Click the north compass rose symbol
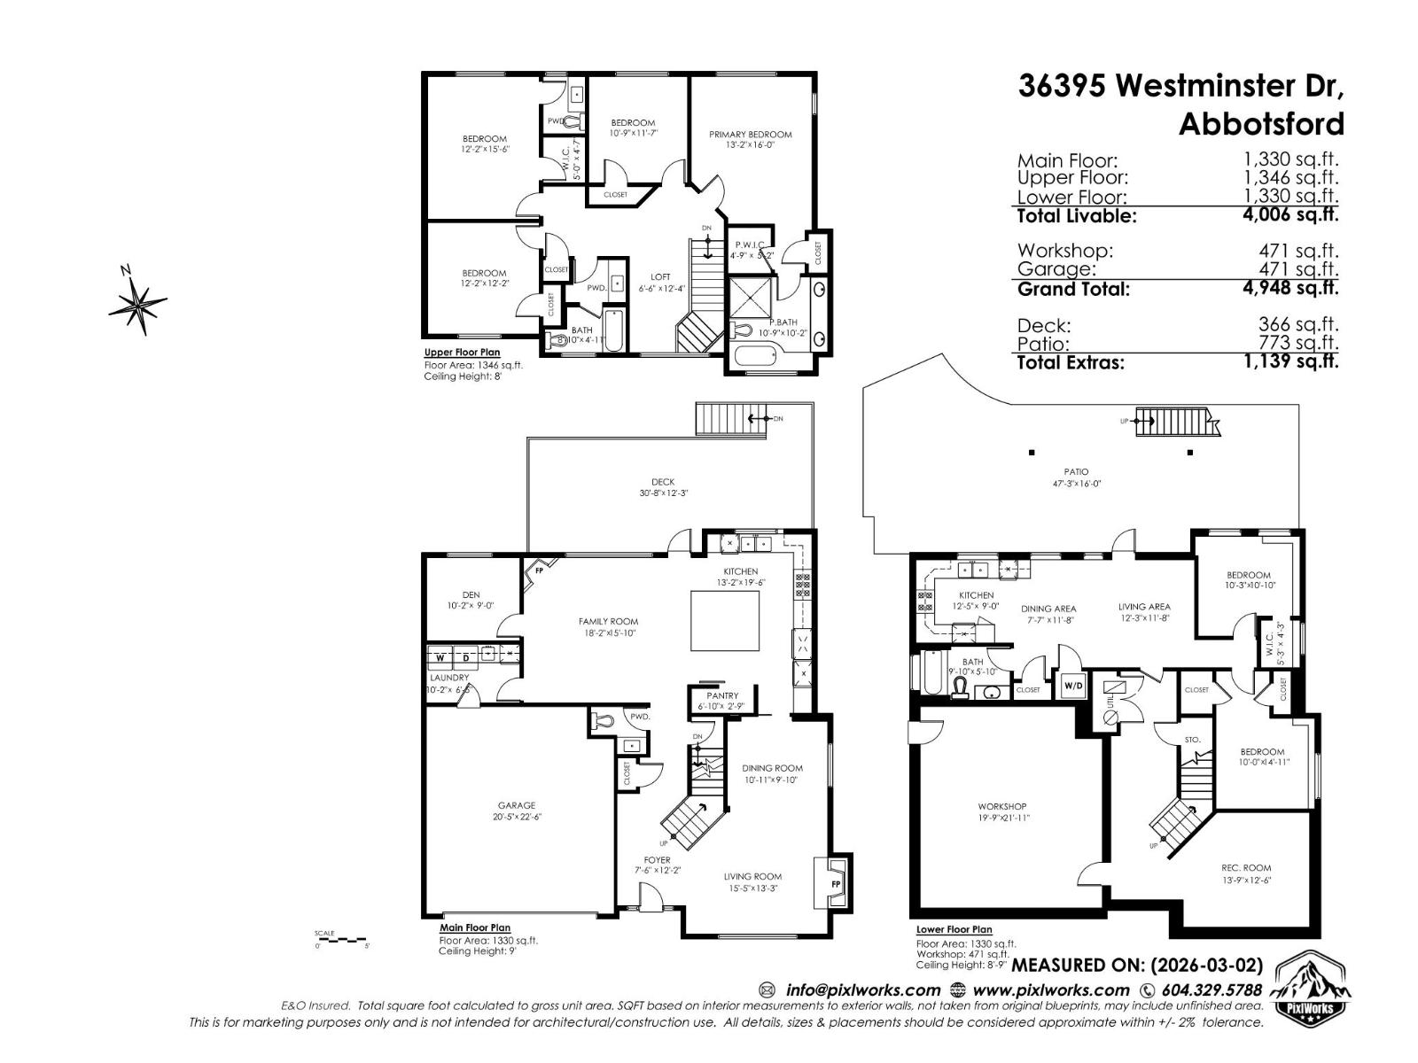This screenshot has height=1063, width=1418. coord(137,301)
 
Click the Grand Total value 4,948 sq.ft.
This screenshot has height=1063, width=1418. coord(1290,288)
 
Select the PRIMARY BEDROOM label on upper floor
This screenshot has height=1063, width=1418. coord(750,135)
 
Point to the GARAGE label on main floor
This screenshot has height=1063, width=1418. coord(516,805)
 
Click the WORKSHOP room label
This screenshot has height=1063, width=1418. coord(1001,806)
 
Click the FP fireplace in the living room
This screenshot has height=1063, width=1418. coord(834,883)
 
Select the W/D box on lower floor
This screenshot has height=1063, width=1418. coord(1072,685)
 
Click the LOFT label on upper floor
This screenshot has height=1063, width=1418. coord(660,277)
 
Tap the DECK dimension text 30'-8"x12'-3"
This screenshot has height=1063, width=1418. coord(664,493)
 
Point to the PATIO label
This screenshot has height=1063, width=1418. coord(1076,472)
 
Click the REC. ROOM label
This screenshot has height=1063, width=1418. coord(1245,868)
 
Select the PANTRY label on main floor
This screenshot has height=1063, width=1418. coord(722,696)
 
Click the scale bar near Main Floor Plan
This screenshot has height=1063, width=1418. coord(341,939)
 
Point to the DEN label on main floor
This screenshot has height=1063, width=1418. coord(471,595)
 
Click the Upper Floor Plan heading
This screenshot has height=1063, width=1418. coord(462,353)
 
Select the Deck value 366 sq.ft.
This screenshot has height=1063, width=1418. coord(1297,325)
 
